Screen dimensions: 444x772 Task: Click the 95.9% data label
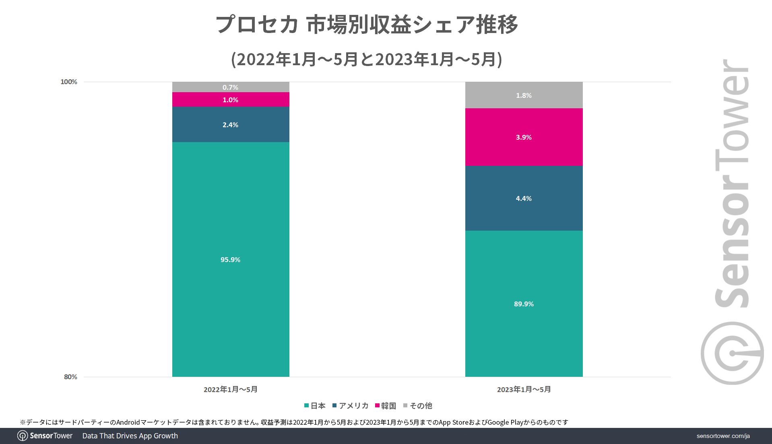click(230, 260)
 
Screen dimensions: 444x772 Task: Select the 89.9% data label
click(524, 304)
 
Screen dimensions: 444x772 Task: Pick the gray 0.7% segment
click(230, 87)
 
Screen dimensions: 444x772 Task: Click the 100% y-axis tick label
click(69, 82)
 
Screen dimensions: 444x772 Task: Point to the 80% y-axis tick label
click(70, 377)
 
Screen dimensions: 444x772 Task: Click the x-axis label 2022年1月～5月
click(230, 389)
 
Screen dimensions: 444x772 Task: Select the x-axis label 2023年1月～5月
click(524, 389)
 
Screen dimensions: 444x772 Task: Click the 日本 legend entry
click(315, 406)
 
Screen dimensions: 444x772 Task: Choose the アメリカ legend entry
click(351, 406)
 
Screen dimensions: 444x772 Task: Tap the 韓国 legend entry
click(386, 406)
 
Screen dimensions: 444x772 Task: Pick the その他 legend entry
click(418, 406)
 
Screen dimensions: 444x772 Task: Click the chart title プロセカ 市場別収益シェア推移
click(367, 25)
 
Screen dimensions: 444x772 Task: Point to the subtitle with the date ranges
click(367, 60)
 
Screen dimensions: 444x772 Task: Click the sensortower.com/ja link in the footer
click(723, 436)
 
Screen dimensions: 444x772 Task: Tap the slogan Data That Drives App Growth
click(130, 436)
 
